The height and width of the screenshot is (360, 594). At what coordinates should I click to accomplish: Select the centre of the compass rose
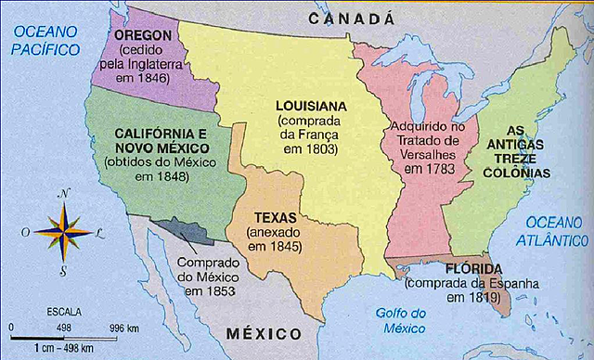click(63, 231)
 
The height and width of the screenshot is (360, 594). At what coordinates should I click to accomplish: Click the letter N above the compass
click(63, 193)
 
